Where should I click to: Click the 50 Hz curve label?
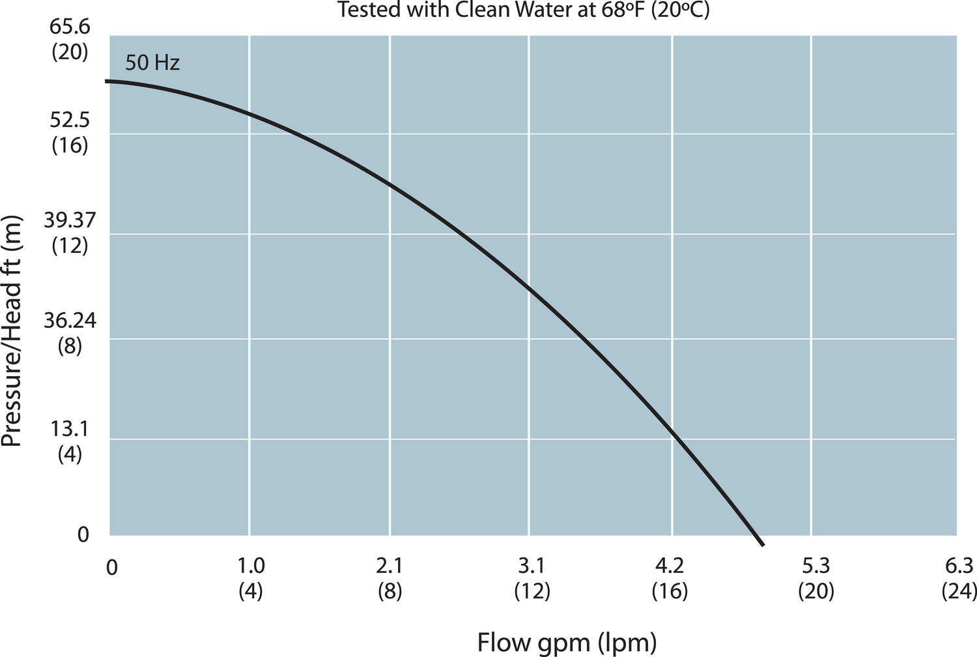pyautogui.click(x=152, y=63)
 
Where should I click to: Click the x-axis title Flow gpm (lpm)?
pyautogui.click(x=567, y=643)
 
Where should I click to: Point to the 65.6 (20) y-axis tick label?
pyautogui.click(x=70, y=40)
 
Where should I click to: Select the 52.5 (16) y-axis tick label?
pyautogui.click(x=70, y=132)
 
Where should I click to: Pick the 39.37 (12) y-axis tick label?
pyautogui.click(x=70, y=233)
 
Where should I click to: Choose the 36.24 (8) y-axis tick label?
pyautogui.click(x=70, y=332)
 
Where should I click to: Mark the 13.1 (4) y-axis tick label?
pyautogui.click(x=70, y=441)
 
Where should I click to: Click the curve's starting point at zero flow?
pyautogui.click(x=110, y=81)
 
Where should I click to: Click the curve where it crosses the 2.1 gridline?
pyautogui.click(x=389, y=183)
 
